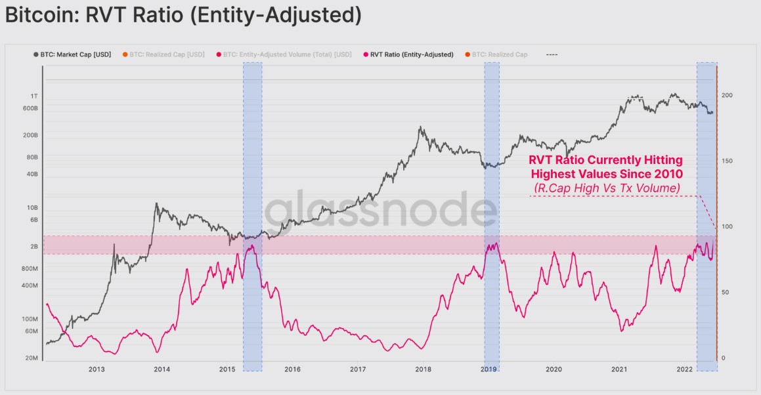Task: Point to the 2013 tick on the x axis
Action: (x=97, y=369)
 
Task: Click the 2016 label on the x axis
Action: (x=292, y=369)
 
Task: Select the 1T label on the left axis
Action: (x=33, y=96)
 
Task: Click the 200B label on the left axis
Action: (x=31, y=135)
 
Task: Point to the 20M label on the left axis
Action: (x=31, y=358)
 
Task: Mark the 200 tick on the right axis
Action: (x=727, y=96)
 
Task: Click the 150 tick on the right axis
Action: (x=727, y=161)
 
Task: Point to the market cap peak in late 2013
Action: (x=156, y=204)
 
